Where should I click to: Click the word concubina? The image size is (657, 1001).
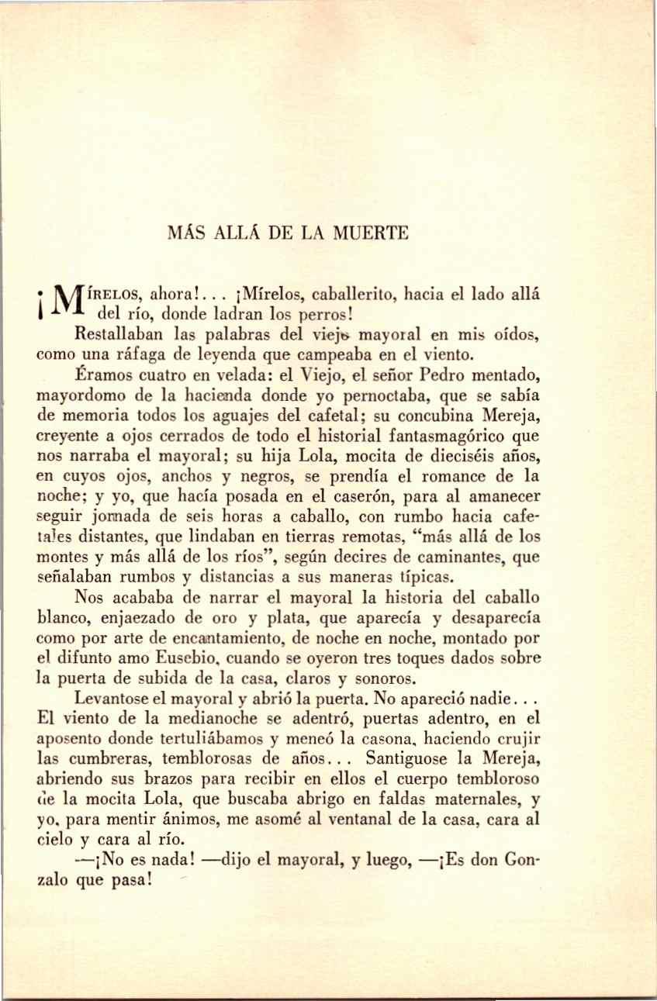pyautogui.click(x=447, y=416)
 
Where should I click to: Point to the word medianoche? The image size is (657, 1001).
pyautogui.click(x=215, y=719)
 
